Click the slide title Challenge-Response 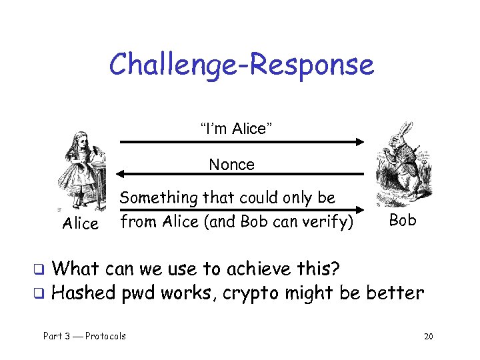click(x=241, y=65)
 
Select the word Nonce click(x=231, y=164)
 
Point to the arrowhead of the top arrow click(x=360, y=141)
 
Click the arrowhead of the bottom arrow click(x=360, y=209)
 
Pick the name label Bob click(x=402, y=220)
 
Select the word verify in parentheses click(x=328, y=221)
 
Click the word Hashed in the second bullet click(x=83, y=293)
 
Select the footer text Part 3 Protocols click(x=85, y=336)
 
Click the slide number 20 click(x=428, y=336)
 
